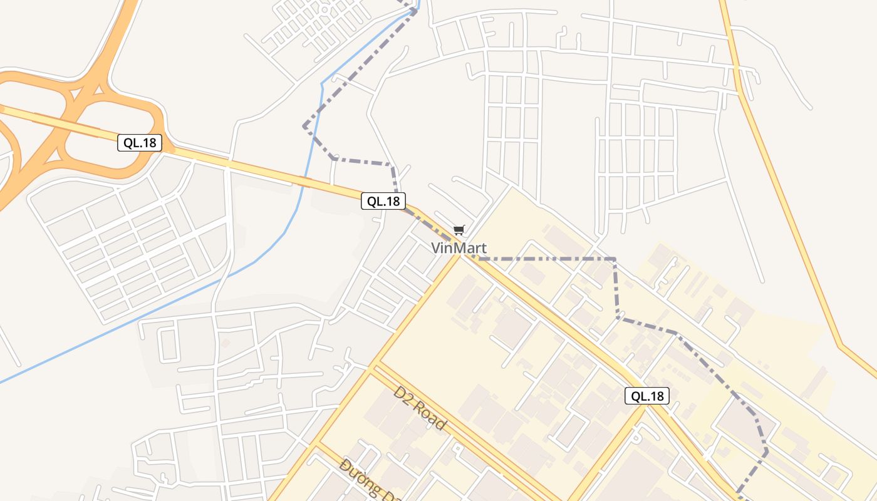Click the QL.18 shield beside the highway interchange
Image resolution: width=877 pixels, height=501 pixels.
(x=139, y=143)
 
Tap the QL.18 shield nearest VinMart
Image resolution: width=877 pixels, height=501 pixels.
(x=383, y=201)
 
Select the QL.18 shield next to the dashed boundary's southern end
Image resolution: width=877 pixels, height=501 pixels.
(x=646, y=396)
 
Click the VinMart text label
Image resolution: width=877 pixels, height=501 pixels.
(x=459, y=248)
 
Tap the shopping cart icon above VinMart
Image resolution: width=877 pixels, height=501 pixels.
(x=459, y=230)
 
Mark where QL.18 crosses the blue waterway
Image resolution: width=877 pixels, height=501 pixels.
(x=306, y=182)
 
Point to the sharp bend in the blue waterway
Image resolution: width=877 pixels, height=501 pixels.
(x=322, y=83)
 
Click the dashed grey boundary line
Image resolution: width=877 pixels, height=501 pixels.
(x=545, y=259)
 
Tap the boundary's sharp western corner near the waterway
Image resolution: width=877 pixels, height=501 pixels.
(x=304, y=127)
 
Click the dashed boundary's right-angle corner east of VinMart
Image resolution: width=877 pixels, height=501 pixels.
(x=615, y=259)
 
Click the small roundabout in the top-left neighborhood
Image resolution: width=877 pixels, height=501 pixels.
(x=324, y=9)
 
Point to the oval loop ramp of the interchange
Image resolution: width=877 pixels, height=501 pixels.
(x=110, y=135)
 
